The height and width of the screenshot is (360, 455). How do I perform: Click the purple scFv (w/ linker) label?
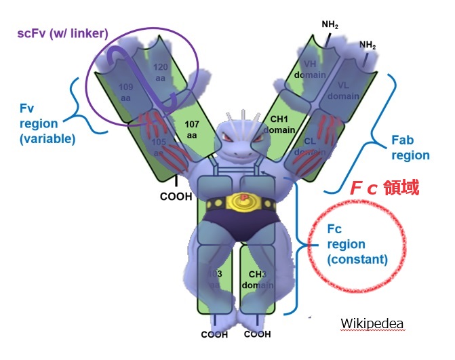tap(63, 33)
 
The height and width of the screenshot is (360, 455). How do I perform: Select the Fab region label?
tap(410, 148)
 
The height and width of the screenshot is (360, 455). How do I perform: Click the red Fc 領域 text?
tap(384, 188)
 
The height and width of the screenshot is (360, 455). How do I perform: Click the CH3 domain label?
tap(258, 279)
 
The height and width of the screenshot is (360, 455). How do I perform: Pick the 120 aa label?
tap(160, 72)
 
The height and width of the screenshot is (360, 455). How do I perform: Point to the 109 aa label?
tap(126, 93)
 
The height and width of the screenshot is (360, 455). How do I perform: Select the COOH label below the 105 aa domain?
tap(176, 197)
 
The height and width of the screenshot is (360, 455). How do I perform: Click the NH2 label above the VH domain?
tap(330, 26)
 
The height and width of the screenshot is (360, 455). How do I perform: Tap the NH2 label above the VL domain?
tap(368, 45)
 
